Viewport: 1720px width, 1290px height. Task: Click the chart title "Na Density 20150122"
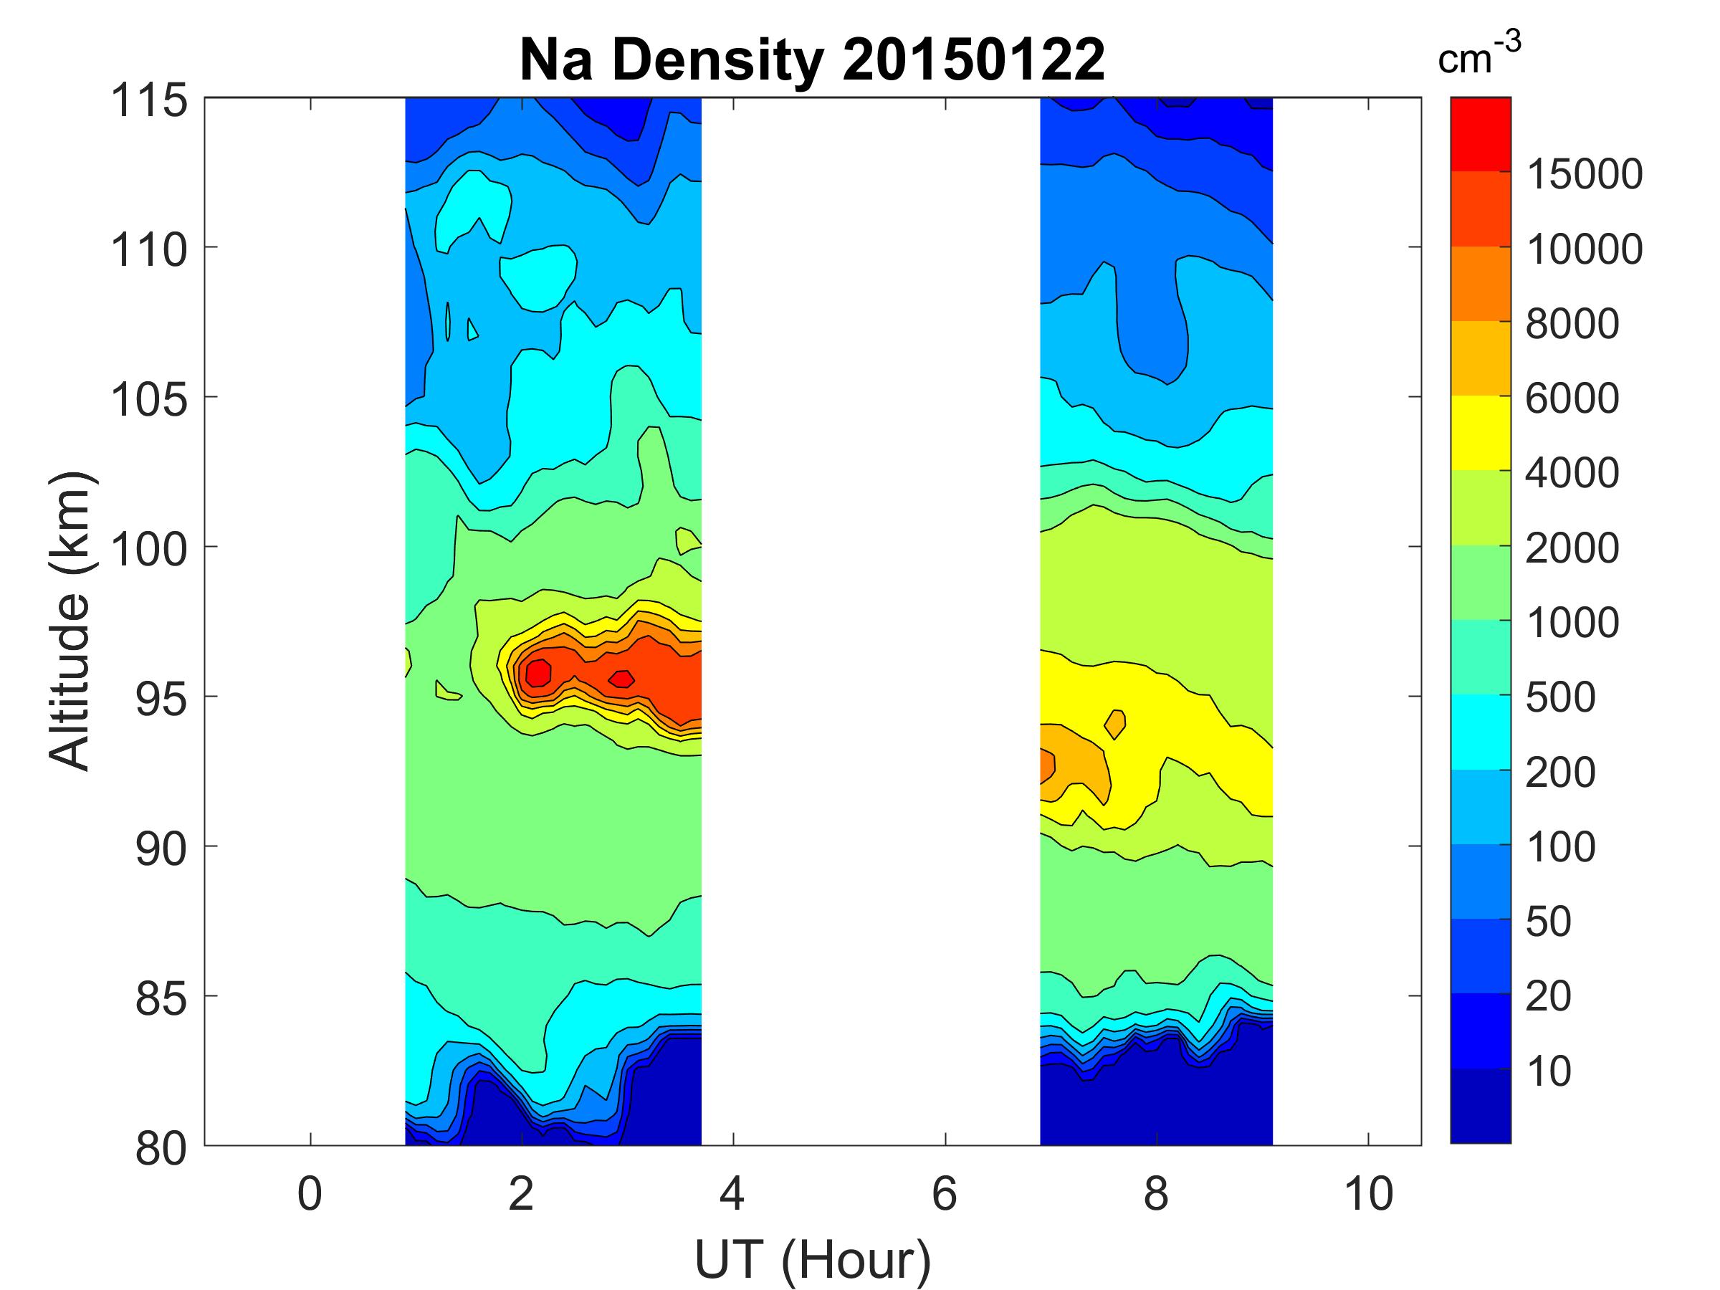pos(812,60)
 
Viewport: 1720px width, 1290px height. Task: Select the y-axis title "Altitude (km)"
pos(70,621)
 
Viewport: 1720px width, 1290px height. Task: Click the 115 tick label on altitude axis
pos(149,101)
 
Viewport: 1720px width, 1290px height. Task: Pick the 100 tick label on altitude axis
pos(149,550)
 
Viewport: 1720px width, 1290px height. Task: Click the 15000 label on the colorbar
pos(1584,174)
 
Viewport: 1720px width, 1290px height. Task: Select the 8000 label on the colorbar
pos(1572,323)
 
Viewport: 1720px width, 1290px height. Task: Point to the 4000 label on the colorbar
pos(1572,473)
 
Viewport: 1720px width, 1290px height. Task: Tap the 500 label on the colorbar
pos(1559,697)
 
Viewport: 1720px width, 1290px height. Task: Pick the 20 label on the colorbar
pos(1548,996)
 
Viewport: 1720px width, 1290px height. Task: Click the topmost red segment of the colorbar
pos(1480,134)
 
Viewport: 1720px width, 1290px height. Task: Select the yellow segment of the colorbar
pos(1480,433)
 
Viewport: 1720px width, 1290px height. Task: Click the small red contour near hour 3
pos(621,679)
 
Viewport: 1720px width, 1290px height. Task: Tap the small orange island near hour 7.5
pos(1116,723)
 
